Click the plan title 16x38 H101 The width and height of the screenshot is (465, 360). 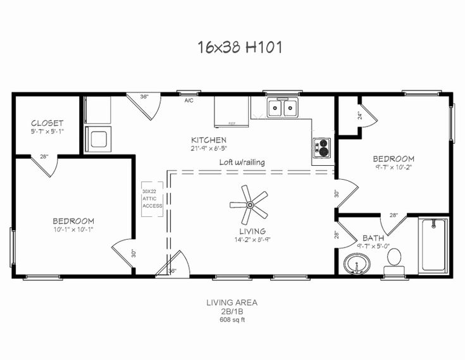232,47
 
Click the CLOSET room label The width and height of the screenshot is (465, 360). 47,122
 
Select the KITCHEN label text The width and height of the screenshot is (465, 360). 209,140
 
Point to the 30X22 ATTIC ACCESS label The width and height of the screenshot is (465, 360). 152,199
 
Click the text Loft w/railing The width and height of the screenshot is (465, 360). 242,162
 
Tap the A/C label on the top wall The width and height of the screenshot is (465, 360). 189,101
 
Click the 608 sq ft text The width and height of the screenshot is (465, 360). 232,320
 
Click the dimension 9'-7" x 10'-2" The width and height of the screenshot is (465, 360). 393,167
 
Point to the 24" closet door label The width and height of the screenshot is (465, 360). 359,116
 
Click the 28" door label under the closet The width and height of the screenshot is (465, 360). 44,156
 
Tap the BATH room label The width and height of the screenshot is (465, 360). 373,239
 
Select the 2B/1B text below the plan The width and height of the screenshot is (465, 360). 232,311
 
